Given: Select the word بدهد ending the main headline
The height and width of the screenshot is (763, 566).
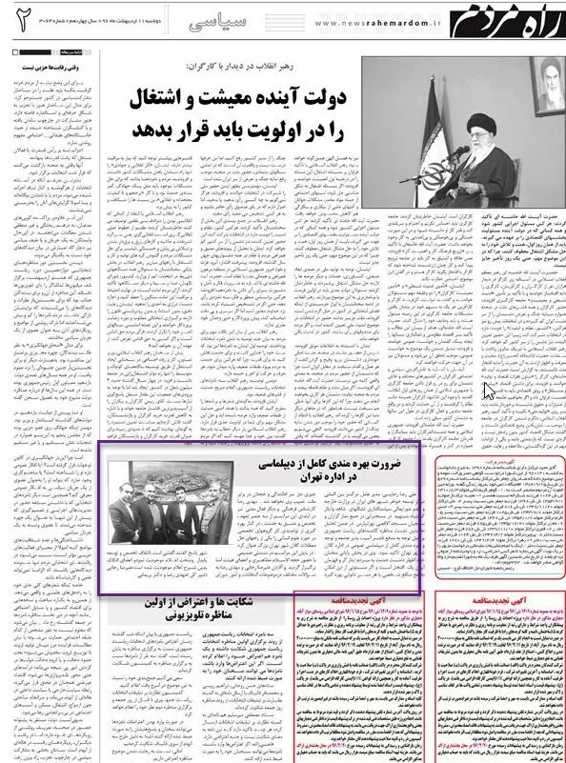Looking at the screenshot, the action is pos(152,127).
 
